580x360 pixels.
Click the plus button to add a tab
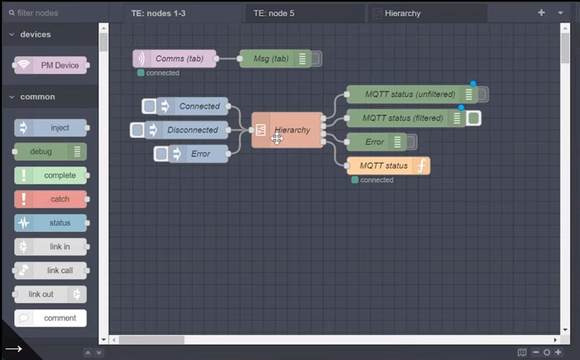coord(542,13)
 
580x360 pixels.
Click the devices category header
coord(36,35)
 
